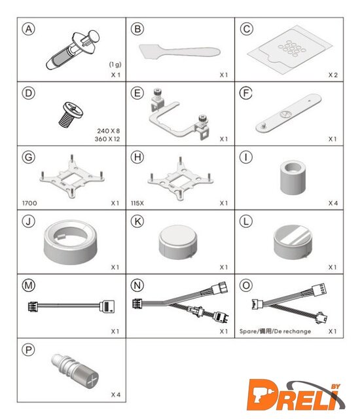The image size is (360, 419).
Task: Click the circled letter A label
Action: (x=29, y=29)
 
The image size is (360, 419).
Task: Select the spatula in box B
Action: (x=179, y=51)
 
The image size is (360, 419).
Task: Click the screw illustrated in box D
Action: (x=71, y=115)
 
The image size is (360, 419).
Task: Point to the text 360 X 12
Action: (x=107, y=139)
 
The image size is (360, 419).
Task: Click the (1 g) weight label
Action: (x=115, y=64)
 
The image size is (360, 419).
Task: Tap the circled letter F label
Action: (x=245, y=93)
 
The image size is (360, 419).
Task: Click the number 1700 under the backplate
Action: (x=29, y=203)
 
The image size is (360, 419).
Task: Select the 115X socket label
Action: (x=137, y=203)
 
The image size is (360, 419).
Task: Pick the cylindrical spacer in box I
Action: (x=293, y=177)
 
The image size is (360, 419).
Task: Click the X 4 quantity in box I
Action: (x=333, y=203)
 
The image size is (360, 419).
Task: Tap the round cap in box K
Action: (x=178, y=242)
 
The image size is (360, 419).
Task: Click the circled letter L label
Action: (x=245, y=221)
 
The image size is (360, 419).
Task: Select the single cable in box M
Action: (x=71, y=306)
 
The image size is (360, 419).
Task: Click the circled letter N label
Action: (x=137, y=285)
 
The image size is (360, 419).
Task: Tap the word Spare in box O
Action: (x=248, y=331)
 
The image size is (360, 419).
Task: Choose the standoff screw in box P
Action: (x=75, y=371)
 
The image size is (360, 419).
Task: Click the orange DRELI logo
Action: (x=296, y=395)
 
